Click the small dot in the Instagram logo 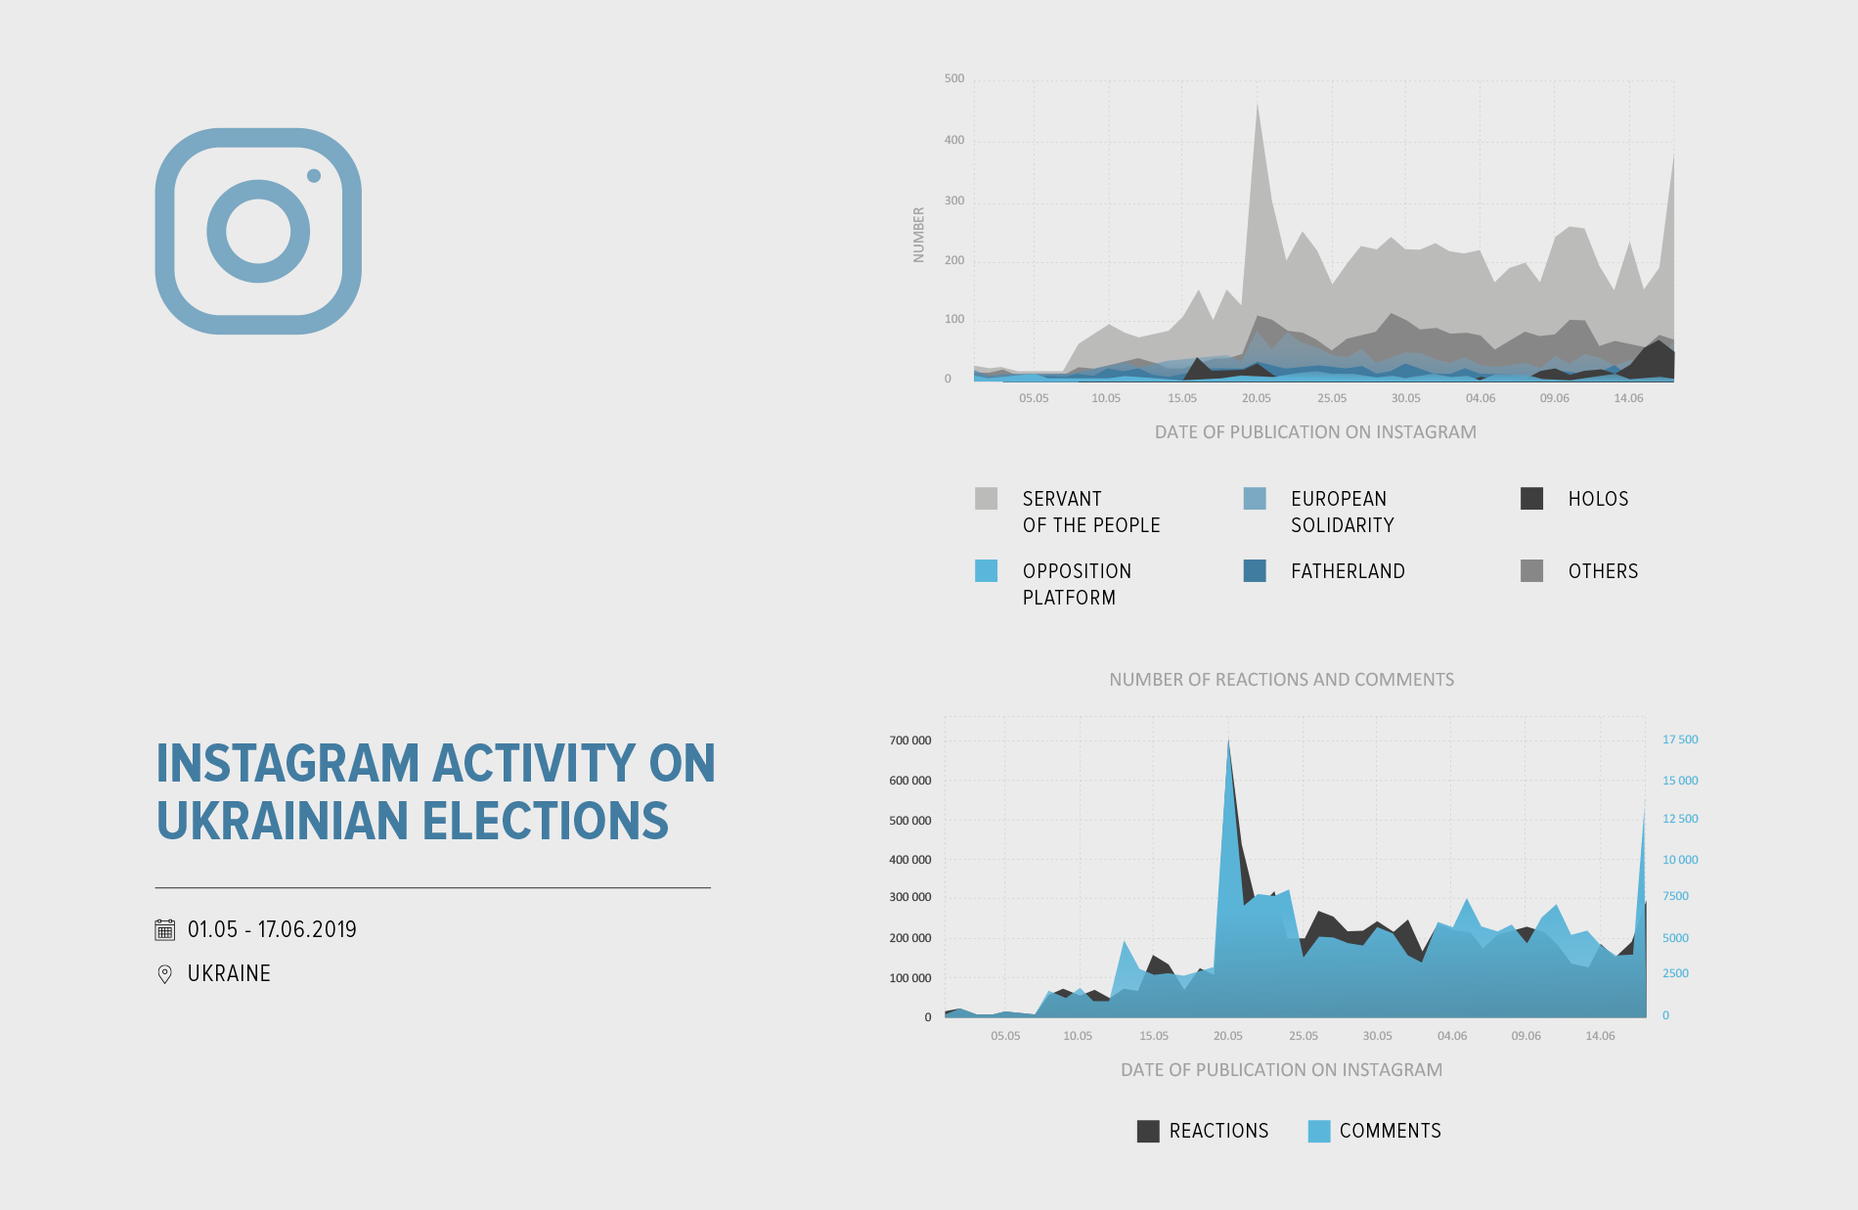[314, 176]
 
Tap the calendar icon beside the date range [165, 929]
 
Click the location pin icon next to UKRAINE [165, 974]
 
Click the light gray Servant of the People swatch [986, 499]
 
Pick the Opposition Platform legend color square [986, 571]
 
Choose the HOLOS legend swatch [1531, 499]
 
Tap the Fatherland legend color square [1255, 571]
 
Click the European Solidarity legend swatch [1255, 499]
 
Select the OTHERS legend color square [1531, 571]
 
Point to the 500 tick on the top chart [954, 79]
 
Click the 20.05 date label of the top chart [1257, 398]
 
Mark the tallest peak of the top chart [1257, 104]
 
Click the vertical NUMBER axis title [918, 235]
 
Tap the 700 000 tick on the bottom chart [910, 741]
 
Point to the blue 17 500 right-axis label [1680, 740]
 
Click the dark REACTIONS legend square [1148, 1132]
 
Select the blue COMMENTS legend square [1319, 1132]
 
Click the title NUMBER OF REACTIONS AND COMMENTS [1281, 680]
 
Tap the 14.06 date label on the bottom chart [1600, 1036]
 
